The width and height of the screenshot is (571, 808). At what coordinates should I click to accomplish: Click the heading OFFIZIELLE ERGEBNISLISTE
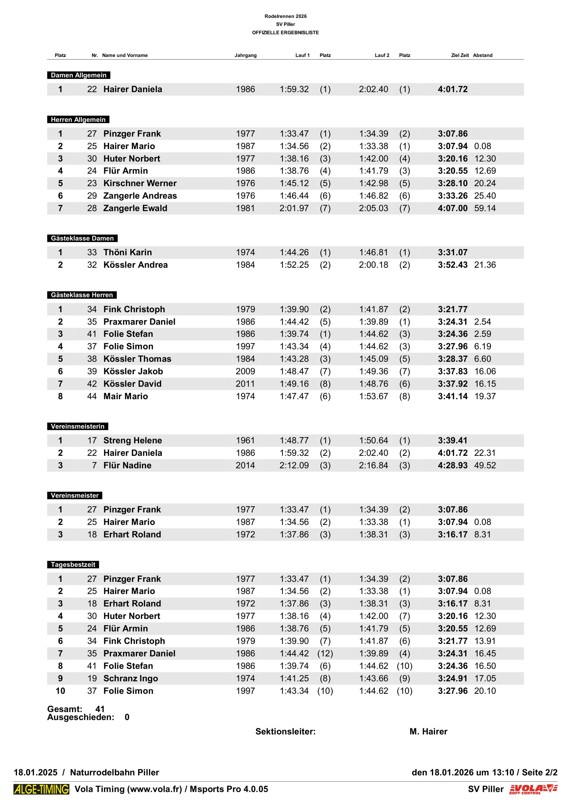(285, 32)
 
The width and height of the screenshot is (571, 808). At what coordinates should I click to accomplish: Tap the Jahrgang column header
(246, 55)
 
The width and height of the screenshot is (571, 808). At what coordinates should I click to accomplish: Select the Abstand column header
(482, 55)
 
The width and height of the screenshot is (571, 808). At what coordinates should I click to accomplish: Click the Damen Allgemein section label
(78, 75)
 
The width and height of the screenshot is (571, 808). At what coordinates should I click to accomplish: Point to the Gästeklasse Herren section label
(82, 295)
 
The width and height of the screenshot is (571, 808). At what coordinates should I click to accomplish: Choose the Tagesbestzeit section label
(73, 565)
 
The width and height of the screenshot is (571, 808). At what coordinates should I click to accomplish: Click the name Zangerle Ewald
(135, 208)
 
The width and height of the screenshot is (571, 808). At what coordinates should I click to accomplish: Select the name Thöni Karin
(127, 252)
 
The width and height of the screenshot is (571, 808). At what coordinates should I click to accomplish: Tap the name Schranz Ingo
(130, 678)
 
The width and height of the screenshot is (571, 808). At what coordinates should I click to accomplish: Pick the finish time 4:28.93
(452, 465)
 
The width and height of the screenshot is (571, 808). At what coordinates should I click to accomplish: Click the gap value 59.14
(485, 208)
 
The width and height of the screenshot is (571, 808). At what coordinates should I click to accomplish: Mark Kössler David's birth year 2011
(245, 384)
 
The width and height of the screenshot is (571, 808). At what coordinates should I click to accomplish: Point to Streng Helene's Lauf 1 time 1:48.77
(294, 440)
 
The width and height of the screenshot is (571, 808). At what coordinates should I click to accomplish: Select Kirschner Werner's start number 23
(92, 183)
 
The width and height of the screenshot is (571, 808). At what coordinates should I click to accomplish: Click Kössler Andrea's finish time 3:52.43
(452, 265)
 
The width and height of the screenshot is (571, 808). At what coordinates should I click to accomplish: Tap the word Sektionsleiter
(285, 731)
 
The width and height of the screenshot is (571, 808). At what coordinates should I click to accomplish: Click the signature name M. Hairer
(428, 731)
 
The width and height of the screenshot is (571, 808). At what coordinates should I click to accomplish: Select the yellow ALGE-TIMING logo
(42, 789)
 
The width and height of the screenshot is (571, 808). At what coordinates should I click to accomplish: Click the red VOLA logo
(533, 789)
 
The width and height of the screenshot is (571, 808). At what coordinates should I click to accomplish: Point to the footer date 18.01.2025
(35, 772)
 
